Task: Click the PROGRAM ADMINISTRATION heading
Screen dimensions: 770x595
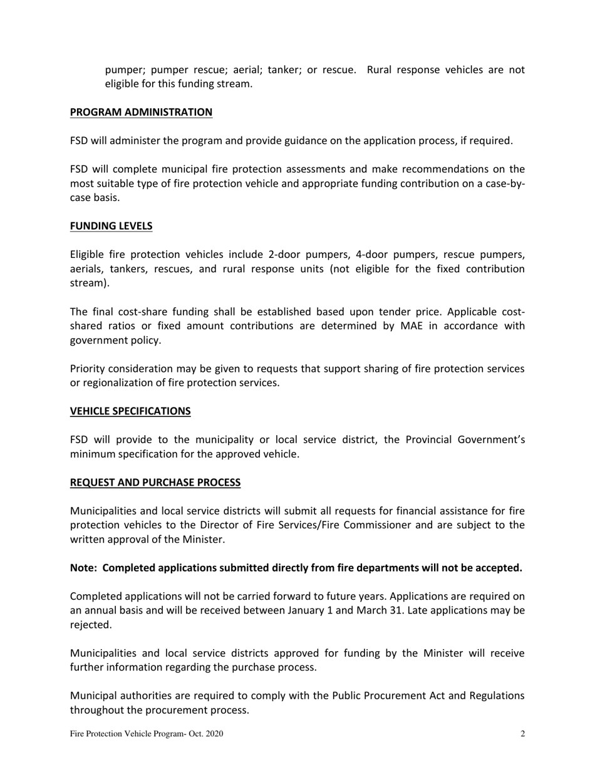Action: (141, 112)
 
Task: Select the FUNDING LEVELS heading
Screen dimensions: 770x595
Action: (111, 226)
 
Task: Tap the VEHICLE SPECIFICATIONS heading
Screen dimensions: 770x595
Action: (130, 411)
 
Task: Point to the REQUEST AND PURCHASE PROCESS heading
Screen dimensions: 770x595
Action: (155, 482)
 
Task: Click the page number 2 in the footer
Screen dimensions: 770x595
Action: (522, 734)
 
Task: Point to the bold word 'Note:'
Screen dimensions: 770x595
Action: (84, 568)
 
